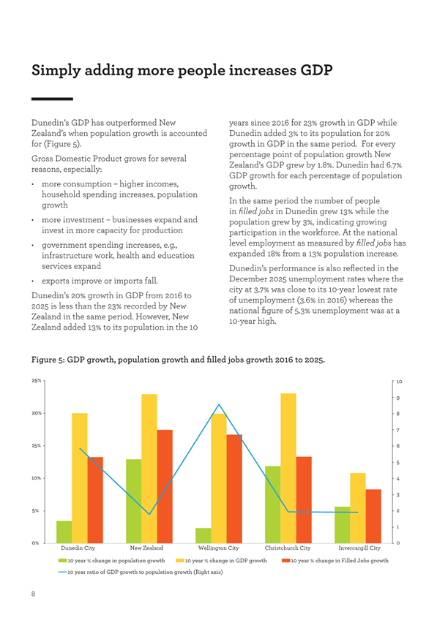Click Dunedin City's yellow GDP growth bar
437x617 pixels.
coord(80,478)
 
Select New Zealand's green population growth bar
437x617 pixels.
coord(133,501)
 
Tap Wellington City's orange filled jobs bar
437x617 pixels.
coord(234,489)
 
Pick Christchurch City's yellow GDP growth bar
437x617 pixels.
coord(288,469)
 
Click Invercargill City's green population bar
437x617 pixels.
coord(342,525)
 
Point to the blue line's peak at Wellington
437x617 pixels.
coord(219,404)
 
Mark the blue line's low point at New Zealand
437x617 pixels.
coord(149,514)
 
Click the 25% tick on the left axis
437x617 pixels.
coord(37,381)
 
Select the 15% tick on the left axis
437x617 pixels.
coord(37,446)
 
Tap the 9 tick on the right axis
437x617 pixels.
coord(398,398)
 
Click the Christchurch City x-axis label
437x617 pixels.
coord(288,548)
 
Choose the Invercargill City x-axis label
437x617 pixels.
coord(359,548)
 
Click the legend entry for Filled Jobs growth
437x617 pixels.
coord(335,560)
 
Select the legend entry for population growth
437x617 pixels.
coord(111,560)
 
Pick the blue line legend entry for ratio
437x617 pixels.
coord(141,572)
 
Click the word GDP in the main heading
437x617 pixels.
coord(316,70)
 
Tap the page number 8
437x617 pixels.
coord(33,594)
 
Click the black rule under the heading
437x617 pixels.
coord(52,99)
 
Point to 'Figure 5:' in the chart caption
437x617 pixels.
coord(48,360)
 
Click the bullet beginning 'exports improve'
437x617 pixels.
coord(100,281)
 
